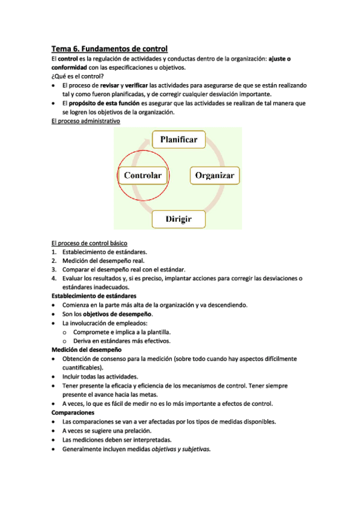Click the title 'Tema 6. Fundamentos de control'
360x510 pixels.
point(109,48)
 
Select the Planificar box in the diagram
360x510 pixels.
point(178,140)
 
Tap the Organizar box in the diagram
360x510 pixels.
point(216,176)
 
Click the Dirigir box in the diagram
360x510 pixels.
point(178,219)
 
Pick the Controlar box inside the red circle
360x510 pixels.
point(142,176)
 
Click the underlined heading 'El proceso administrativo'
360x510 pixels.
point(85,120)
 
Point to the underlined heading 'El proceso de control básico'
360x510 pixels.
point(89,243)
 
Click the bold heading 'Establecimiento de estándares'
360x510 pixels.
point(93,296)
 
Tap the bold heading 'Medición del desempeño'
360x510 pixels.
point(87,349)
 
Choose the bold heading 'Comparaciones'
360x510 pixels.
point(73,413)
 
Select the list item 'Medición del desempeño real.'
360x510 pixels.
point(103,260)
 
